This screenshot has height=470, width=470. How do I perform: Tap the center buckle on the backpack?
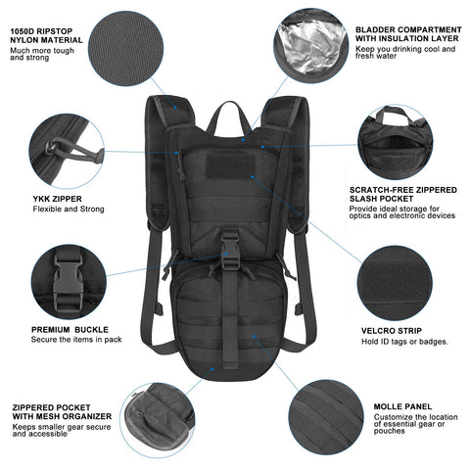click(x=231, y=242)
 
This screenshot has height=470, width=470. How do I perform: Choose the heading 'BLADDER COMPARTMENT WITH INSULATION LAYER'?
click(x=401, y=36)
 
